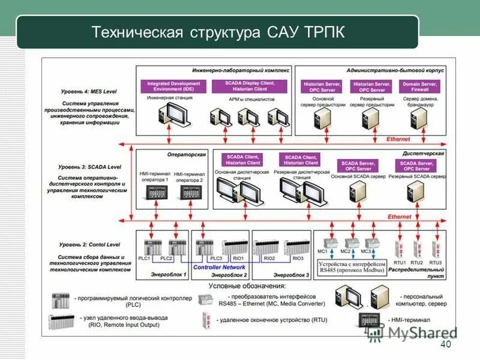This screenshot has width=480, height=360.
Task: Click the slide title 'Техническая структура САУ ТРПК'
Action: (x=218, y=32)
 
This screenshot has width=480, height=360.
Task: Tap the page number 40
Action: (x=445, y=344)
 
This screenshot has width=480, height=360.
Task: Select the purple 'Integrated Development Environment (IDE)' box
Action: (x=174, y=86)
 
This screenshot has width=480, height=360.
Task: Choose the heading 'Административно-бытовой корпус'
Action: (x=394, y=70)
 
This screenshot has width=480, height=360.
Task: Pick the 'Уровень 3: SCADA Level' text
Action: (x=90, y=166)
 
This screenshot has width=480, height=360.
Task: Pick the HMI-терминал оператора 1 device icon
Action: (x=155, y=192)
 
